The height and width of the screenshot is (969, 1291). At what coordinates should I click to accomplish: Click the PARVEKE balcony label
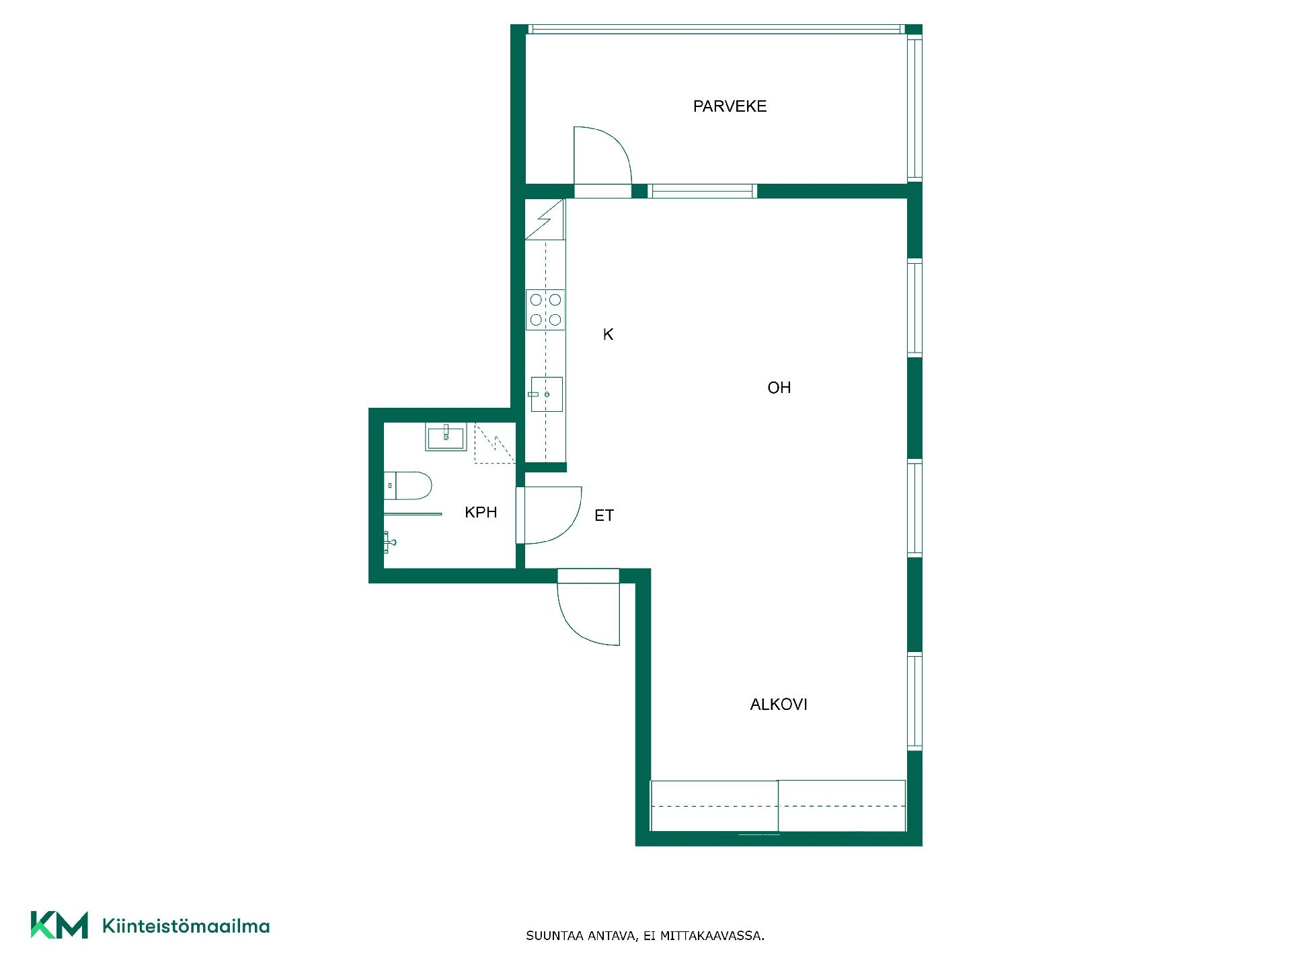(x=730, y=106)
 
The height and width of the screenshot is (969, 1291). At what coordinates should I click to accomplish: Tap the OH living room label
(x=779, y=388)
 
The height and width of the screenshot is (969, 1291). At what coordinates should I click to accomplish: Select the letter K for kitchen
(x=608, y=334)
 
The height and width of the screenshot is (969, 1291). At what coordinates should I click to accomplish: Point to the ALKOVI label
(x=779, y=705)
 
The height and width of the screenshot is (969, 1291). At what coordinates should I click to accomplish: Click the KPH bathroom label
(x=481, y=513)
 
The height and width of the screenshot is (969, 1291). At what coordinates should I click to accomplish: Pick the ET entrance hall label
(x=604, y=515)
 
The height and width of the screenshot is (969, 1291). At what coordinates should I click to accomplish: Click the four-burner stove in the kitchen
(x=545, y=310)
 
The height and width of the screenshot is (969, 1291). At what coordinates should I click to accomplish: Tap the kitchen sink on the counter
(x=546, y=394)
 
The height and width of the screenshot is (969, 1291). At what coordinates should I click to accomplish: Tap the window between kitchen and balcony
(x=702, y=191)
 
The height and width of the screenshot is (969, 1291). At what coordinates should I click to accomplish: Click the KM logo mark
(x=59, y=925)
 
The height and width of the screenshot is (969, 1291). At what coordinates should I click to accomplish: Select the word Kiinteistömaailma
(x=186, y=926)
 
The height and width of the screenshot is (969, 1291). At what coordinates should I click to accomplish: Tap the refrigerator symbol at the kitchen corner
(x=545, y=219)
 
